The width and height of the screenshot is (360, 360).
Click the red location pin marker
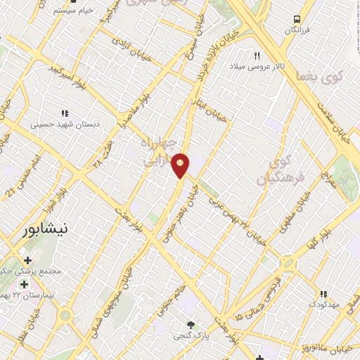coord(181,165)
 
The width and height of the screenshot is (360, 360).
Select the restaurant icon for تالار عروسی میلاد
coord(257,56)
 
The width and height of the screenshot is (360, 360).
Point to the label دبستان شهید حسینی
coord(65,124)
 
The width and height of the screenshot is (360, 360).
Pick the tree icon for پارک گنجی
coord(191,324)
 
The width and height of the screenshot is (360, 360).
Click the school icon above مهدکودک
coord(323,294)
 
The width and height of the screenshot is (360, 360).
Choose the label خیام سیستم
coord(75,11)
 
